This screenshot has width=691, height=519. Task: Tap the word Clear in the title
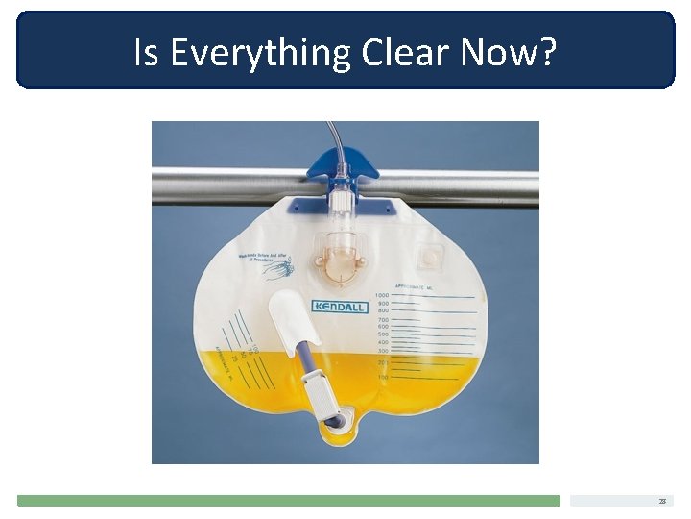407,54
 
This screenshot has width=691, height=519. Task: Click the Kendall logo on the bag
340,307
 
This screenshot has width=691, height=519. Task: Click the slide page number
662,501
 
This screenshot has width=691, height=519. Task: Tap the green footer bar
288,501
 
